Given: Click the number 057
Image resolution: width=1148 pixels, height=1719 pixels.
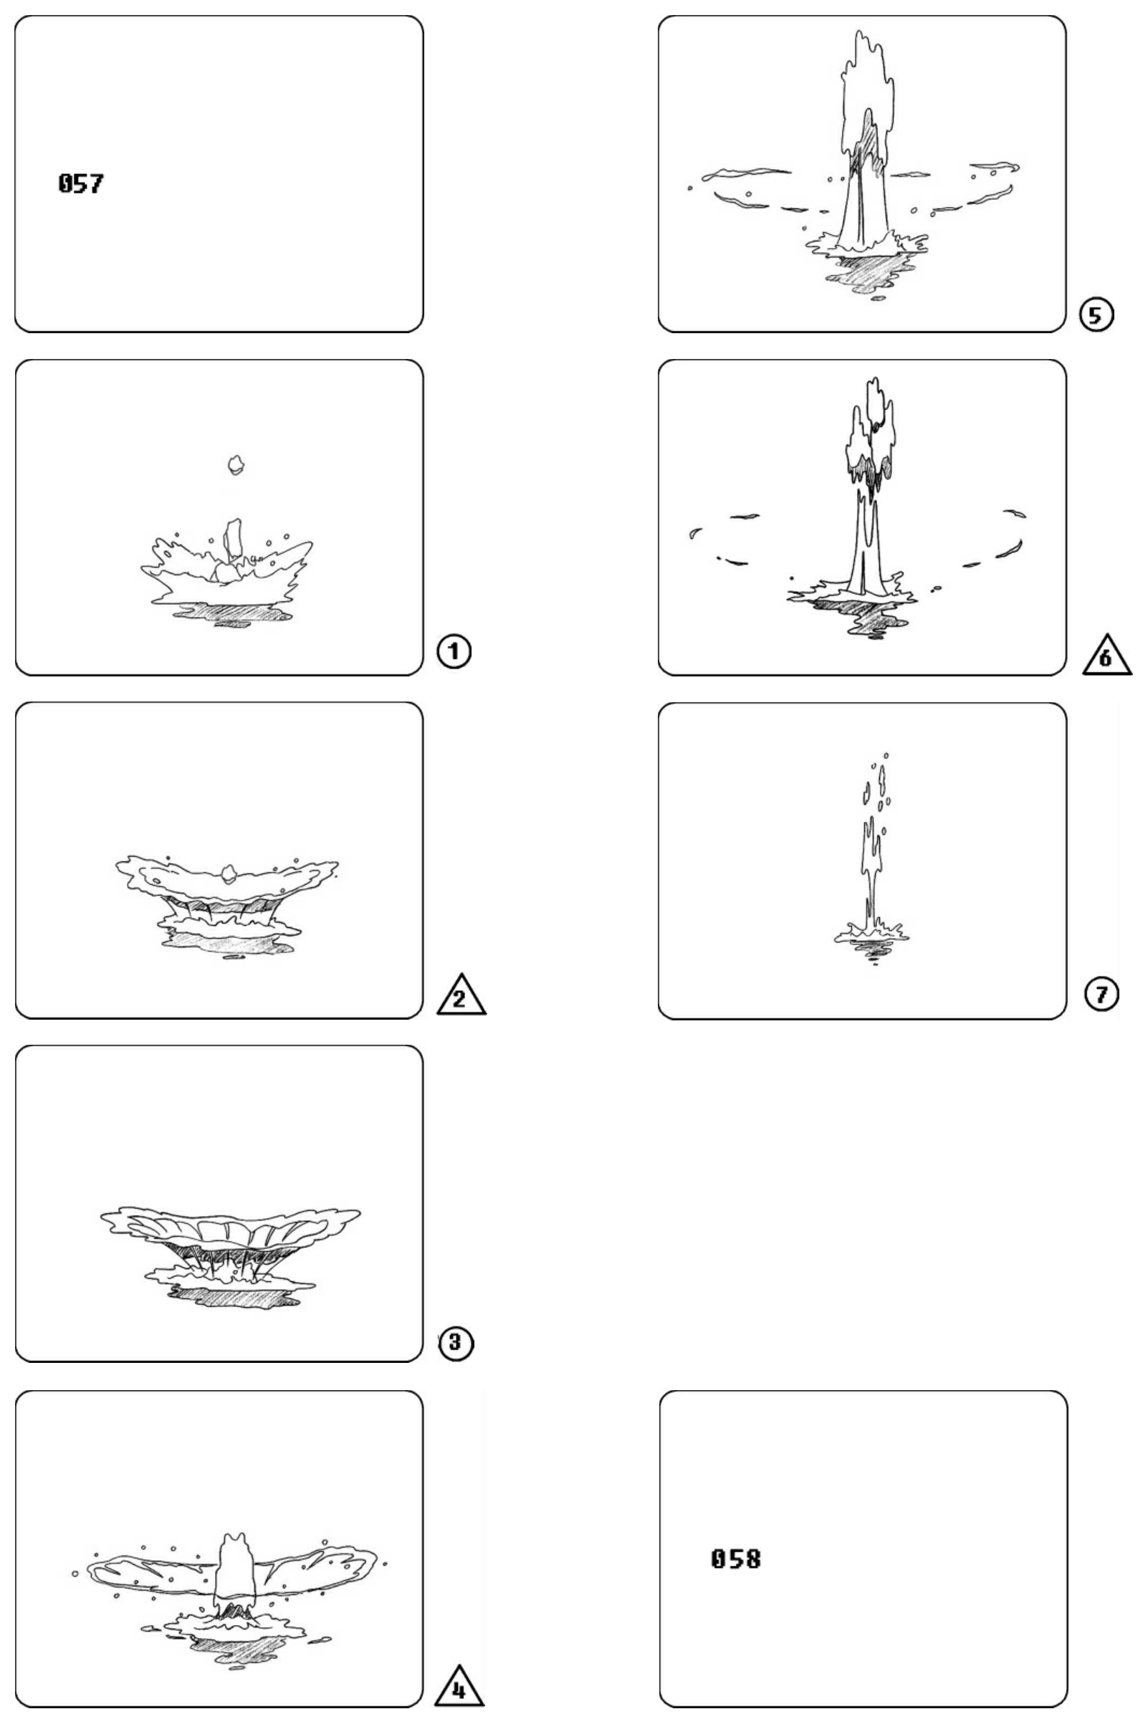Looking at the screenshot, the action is click(80, 183).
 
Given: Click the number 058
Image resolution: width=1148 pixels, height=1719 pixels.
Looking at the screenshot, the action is click(736, 1558).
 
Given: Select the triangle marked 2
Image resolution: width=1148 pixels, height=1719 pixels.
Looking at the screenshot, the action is click(461, 996).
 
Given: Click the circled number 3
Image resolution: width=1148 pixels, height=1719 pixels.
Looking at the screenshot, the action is click(455, 1342).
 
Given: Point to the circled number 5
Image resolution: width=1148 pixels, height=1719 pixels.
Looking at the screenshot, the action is click(1096, 315).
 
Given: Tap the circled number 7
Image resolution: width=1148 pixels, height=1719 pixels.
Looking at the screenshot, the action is click(1102, 993).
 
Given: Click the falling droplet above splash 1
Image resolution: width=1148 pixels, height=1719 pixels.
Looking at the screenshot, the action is click(235, 464).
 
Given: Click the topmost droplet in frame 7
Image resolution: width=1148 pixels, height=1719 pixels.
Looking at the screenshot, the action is click(886, 755).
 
